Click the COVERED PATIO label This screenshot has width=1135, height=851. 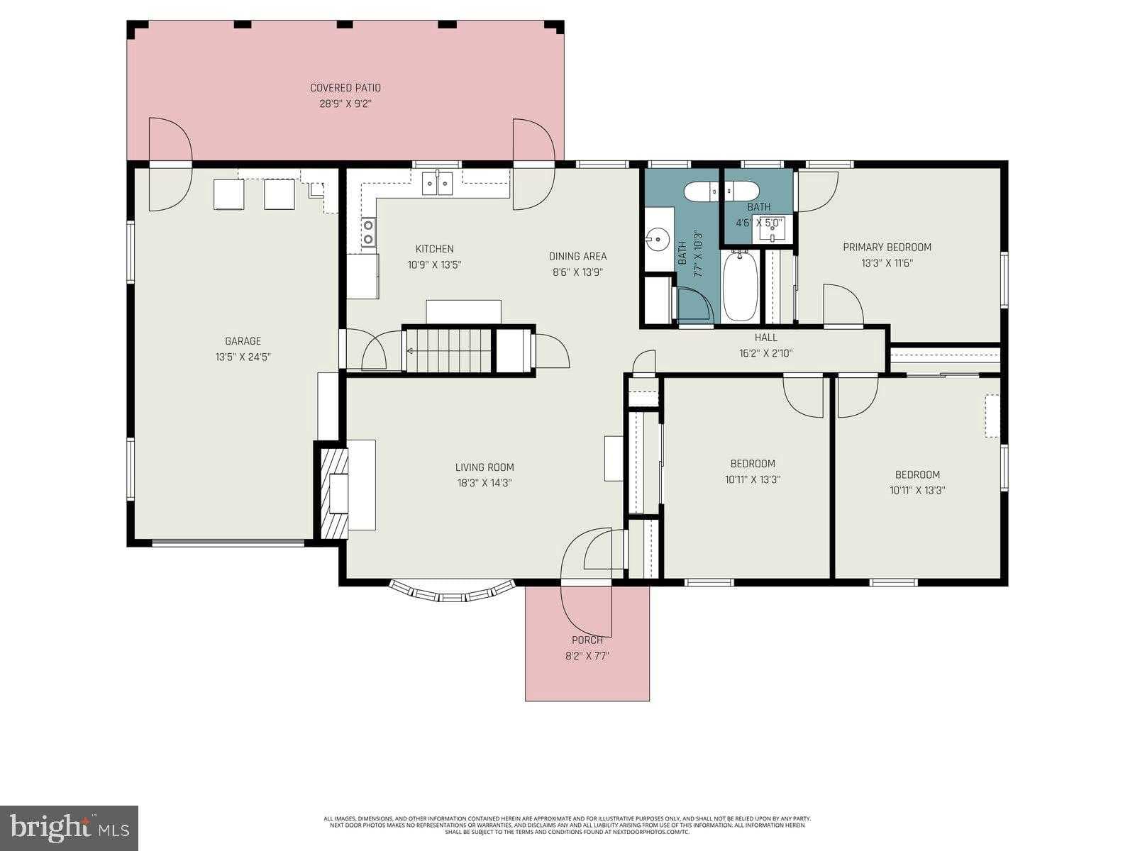point(345,88)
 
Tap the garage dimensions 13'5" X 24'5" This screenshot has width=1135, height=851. point(243,357)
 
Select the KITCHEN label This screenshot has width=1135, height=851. point(434,249)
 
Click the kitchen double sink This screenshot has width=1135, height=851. point(438,183)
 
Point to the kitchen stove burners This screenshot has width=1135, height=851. point(368,233)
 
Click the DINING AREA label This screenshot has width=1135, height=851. point(577,256)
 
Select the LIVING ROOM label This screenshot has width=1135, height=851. point(485,467)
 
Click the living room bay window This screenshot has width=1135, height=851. point(452,593)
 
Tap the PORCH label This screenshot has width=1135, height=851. point(587,640)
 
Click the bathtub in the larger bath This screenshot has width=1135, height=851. point(740,287)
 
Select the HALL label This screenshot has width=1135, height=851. point(765,338)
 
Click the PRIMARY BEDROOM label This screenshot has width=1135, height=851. point(887,247)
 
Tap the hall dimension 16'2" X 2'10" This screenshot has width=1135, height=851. point(765,352)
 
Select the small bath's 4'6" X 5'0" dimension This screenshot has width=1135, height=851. point(758,222)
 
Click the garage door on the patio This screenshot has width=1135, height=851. point(170,165)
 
